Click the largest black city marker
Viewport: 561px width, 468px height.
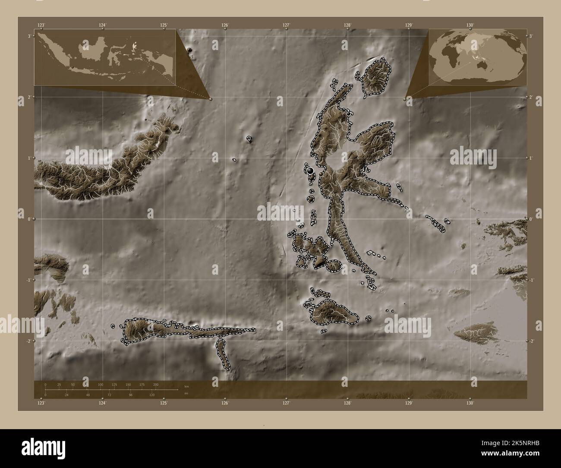click(x=310, y=171)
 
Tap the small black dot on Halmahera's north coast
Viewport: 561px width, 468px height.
click(x=348, y=113)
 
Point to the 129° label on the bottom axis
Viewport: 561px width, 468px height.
click(x=409, y=403)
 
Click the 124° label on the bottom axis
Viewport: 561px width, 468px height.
click(x=102, y=403)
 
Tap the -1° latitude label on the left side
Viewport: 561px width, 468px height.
click(x=28, y=280)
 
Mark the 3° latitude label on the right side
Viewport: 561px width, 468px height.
click(x=531, y=36)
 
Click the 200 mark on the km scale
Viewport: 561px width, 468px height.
click(x=156, y=384)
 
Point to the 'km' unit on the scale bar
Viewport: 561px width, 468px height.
click(x=186, y=386)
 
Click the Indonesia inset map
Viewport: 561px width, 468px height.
click(x=105, y=57)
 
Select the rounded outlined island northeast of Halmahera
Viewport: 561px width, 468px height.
click(x=376, y=78)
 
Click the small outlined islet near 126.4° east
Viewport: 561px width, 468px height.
click(x=249, y=139)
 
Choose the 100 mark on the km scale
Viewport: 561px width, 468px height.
click(x=101, y=384)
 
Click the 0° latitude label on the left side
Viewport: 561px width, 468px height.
click(x=29, y=219)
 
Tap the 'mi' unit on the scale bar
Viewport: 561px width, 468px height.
click(x=186, y=394)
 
